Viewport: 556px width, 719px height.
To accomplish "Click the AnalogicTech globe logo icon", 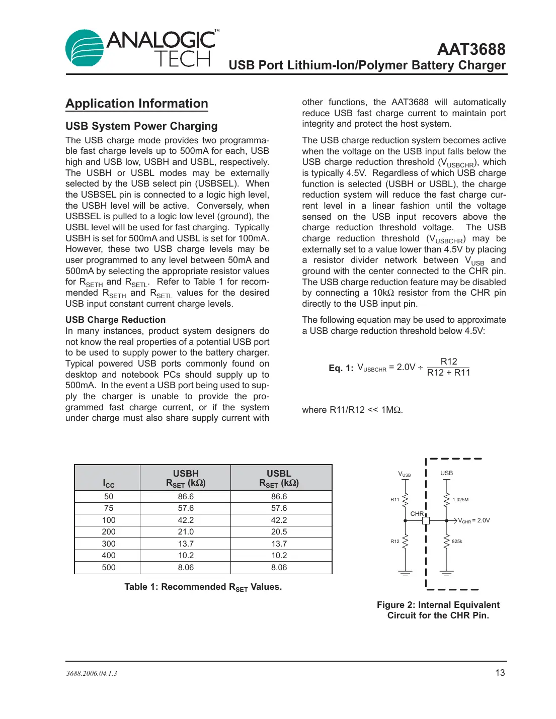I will [x=85, y=48].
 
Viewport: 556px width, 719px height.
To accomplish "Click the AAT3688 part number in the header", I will [x=471, y=49].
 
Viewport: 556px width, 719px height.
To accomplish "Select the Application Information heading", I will [x=137, y=104].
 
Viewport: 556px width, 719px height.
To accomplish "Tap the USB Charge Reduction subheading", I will [x=115, y=320].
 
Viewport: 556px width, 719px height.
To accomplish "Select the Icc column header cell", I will [x=109, y=483].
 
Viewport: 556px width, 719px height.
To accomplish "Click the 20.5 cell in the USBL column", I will [x=279, y=531].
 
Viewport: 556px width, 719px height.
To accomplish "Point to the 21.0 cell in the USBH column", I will [x=186, y=531].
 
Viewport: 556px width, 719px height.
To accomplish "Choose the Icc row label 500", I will [x=109, y=567].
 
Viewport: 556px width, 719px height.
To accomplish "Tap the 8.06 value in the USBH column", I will [x=186, y=567].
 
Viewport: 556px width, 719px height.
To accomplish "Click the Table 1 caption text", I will [x=203, y=587].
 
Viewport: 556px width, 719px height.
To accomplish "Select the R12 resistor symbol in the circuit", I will [x=406, y=542].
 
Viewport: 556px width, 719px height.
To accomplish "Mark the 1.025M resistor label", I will [x=460, y=500].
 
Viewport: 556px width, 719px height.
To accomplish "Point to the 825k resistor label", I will [x=457, y=542].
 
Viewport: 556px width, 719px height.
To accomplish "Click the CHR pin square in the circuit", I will [x=426, y=521].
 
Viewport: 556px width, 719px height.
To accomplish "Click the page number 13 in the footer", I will [x=500, y=673].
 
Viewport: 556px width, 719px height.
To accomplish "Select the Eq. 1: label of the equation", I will [x=341, y=368].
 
